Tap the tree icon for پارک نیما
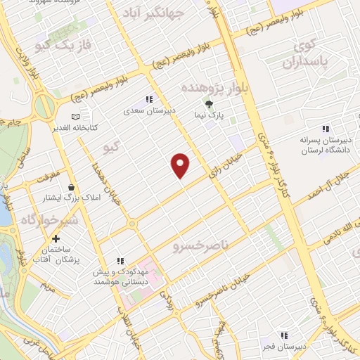coord(208,103)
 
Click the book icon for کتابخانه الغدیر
coord(75,117)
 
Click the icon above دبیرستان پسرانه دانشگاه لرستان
coord(325,129)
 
